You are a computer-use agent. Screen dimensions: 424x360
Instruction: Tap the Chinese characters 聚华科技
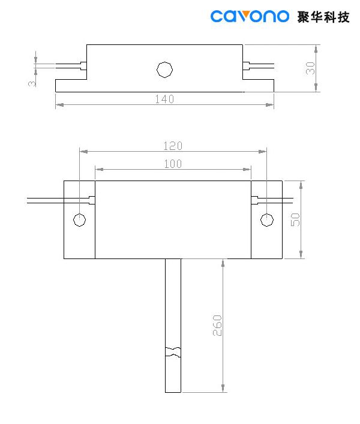tap(323, 16)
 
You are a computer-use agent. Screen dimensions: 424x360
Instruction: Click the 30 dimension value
tap(310, 68)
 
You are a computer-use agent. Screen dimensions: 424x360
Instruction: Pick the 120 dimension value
tap(173, 146)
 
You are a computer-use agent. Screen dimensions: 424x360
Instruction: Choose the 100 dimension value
tap(173, 164)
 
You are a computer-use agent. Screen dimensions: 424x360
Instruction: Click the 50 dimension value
tap(295, 219)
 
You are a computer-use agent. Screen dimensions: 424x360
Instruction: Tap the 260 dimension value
tap(218, 324)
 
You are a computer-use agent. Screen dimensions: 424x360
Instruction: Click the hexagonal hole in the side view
tap(164, 69)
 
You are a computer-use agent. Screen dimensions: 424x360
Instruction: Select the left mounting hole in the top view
tap(79, 219)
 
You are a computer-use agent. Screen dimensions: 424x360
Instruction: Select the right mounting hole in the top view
tap(266, 219)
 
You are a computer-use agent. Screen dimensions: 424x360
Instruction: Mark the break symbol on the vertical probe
tap(173, 351)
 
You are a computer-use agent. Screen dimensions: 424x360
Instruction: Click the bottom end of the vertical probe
tap(173, 391)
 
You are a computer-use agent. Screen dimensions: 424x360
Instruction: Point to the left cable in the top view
tap(45, 200)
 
